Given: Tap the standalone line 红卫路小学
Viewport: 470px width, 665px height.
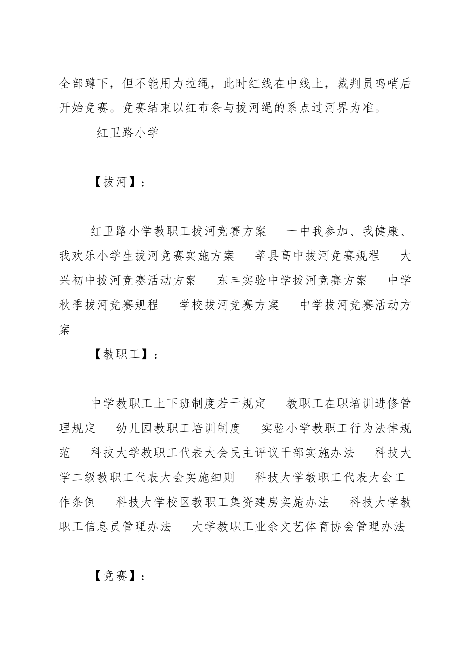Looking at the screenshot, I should click(127, 133).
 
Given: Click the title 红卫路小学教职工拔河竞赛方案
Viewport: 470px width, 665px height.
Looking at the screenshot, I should click(178, 231).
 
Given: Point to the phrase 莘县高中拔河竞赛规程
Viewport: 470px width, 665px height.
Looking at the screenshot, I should click(317, 256).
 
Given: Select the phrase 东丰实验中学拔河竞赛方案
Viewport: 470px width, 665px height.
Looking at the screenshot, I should click(292, 281).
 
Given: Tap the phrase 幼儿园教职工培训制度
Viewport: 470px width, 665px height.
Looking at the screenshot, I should click(178, 428).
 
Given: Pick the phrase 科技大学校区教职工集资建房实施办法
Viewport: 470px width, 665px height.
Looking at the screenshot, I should click(223, 502).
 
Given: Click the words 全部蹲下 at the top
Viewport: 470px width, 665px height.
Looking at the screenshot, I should click(83, 84).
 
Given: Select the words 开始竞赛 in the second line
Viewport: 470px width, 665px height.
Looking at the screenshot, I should click(83, 108).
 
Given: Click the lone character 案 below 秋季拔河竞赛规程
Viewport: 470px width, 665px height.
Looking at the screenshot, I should click(65, 330).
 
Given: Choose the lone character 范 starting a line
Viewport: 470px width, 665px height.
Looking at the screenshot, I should click(65, 453).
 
